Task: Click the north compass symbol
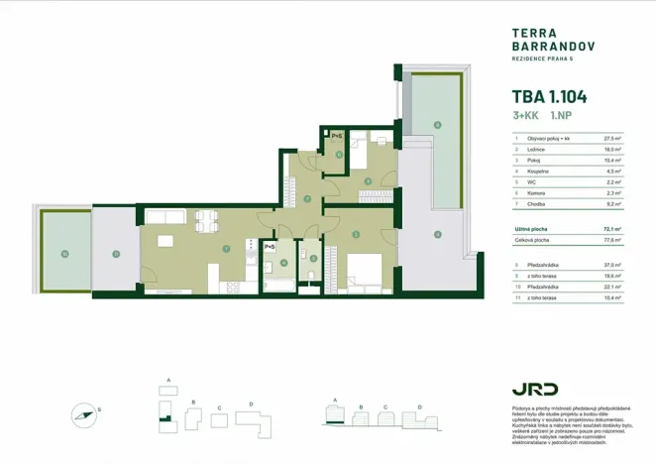tap(84, 413)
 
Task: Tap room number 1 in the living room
tap(226, 248)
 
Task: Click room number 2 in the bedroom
tap(355, 234)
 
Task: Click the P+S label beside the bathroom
tap(269, 247)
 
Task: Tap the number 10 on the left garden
tap(63, 256)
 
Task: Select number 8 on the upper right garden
tap(437, 126)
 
